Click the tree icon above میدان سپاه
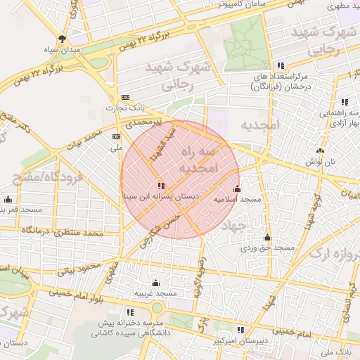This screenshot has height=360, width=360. [x=63, y=39]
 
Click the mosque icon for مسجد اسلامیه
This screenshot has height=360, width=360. [x=237, y=188]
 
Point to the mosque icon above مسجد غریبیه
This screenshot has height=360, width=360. [x=155, y=283]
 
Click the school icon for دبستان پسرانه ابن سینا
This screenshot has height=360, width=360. [x=162, y=186]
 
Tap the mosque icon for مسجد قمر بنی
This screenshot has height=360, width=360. [x=8, y=199]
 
